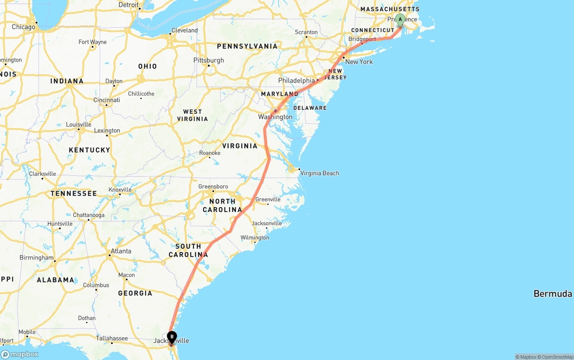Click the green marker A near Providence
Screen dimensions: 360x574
400,20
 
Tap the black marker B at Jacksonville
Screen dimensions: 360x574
172,337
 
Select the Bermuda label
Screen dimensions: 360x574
552,294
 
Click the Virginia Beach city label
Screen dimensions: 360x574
319,173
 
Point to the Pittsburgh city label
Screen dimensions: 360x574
209,60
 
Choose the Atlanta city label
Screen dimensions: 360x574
121,251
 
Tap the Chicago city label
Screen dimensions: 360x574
23,27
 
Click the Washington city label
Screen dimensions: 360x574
275,117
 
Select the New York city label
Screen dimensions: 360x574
359,62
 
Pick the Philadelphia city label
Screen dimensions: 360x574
296,80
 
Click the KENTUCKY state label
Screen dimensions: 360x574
89,150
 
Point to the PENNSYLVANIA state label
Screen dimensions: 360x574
247,46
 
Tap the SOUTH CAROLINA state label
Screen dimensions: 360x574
188,250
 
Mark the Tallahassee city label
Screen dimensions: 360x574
112,338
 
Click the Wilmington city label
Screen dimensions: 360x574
254,238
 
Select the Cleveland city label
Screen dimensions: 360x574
184,30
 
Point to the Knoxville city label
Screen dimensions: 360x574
120,190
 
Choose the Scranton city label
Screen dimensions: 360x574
306,32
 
